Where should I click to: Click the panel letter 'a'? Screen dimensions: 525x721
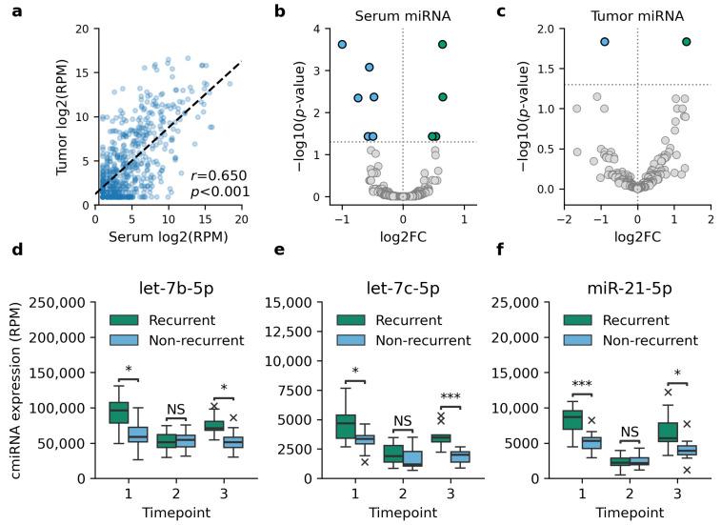point(17,11)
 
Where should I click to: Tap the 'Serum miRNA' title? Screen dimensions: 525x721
point(402,15)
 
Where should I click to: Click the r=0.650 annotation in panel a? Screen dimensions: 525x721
point(218,175)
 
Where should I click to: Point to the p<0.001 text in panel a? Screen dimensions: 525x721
point(218,192)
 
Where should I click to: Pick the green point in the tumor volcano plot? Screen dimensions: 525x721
point(686,42)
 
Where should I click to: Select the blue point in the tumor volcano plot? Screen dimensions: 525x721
point(604,42)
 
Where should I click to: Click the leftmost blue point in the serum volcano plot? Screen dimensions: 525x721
point(342,45)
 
